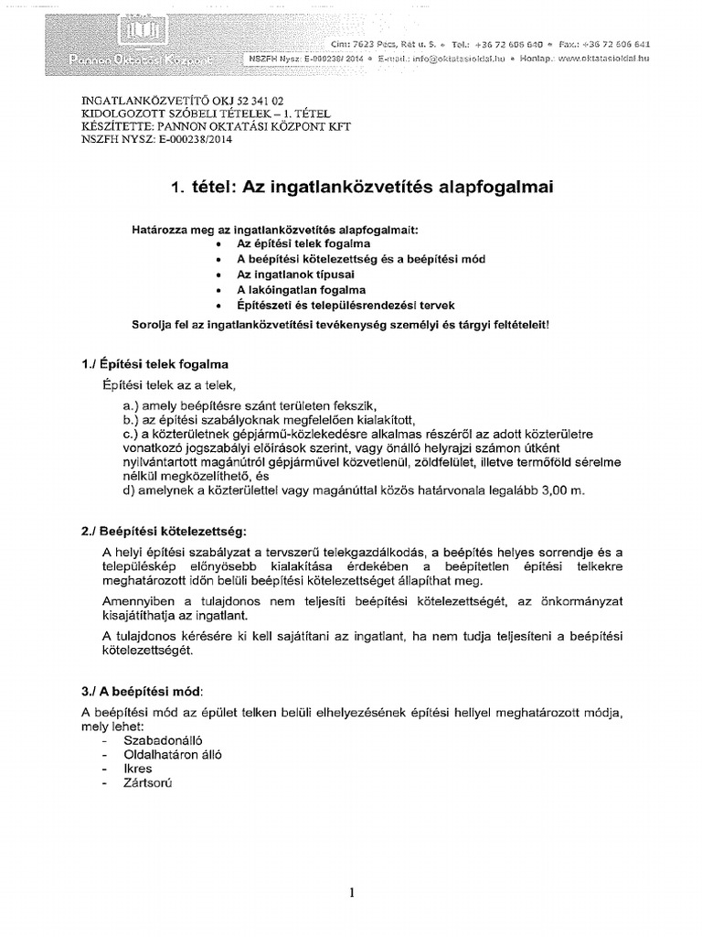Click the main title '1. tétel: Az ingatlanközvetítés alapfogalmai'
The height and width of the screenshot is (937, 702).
(361, 188)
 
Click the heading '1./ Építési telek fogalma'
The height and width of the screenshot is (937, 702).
(154, 364)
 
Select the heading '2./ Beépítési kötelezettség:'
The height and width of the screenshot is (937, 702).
(163, 531)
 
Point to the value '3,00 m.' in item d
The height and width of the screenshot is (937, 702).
(558, 490)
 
